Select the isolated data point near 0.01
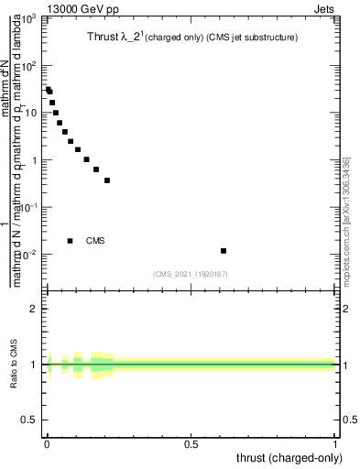(224, 250)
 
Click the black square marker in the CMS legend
(71, 241)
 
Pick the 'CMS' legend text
(95, 241)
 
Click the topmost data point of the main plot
(48, 90)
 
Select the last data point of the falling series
(107, 180)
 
